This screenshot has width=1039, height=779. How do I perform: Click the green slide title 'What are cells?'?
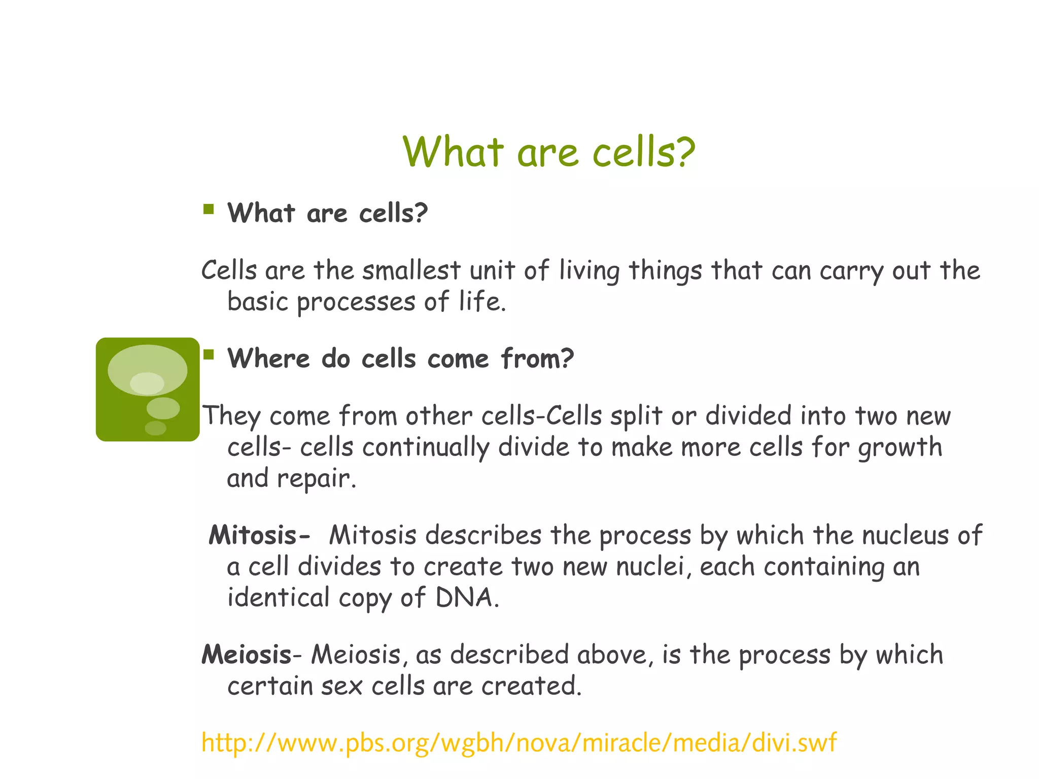coord(549,152)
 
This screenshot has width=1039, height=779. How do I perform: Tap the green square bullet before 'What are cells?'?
coord(208,209)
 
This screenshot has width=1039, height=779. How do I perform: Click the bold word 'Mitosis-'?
coord(259,535)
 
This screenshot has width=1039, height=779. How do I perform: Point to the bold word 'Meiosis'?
coord(247,654)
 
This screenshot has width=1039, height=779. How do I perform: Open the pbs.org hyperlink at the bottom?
coord(518,742)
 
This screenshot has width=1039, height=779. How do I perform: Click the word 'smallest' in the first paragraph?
coord(411,270)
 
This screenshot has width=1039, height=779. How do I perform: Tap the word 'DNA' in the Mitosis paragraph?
coord(464,597)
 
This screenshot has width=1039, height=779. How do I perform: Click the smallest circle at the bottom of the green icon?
coord(155,428)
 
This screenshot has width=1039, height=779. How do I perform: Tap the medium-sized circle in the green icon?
coord(163,408)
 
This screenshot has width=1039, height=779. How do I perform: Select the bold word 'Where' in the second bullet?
coord(268,359)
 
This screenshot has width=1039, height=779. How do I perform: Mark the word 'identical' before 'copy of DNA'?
coord(278,597)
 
